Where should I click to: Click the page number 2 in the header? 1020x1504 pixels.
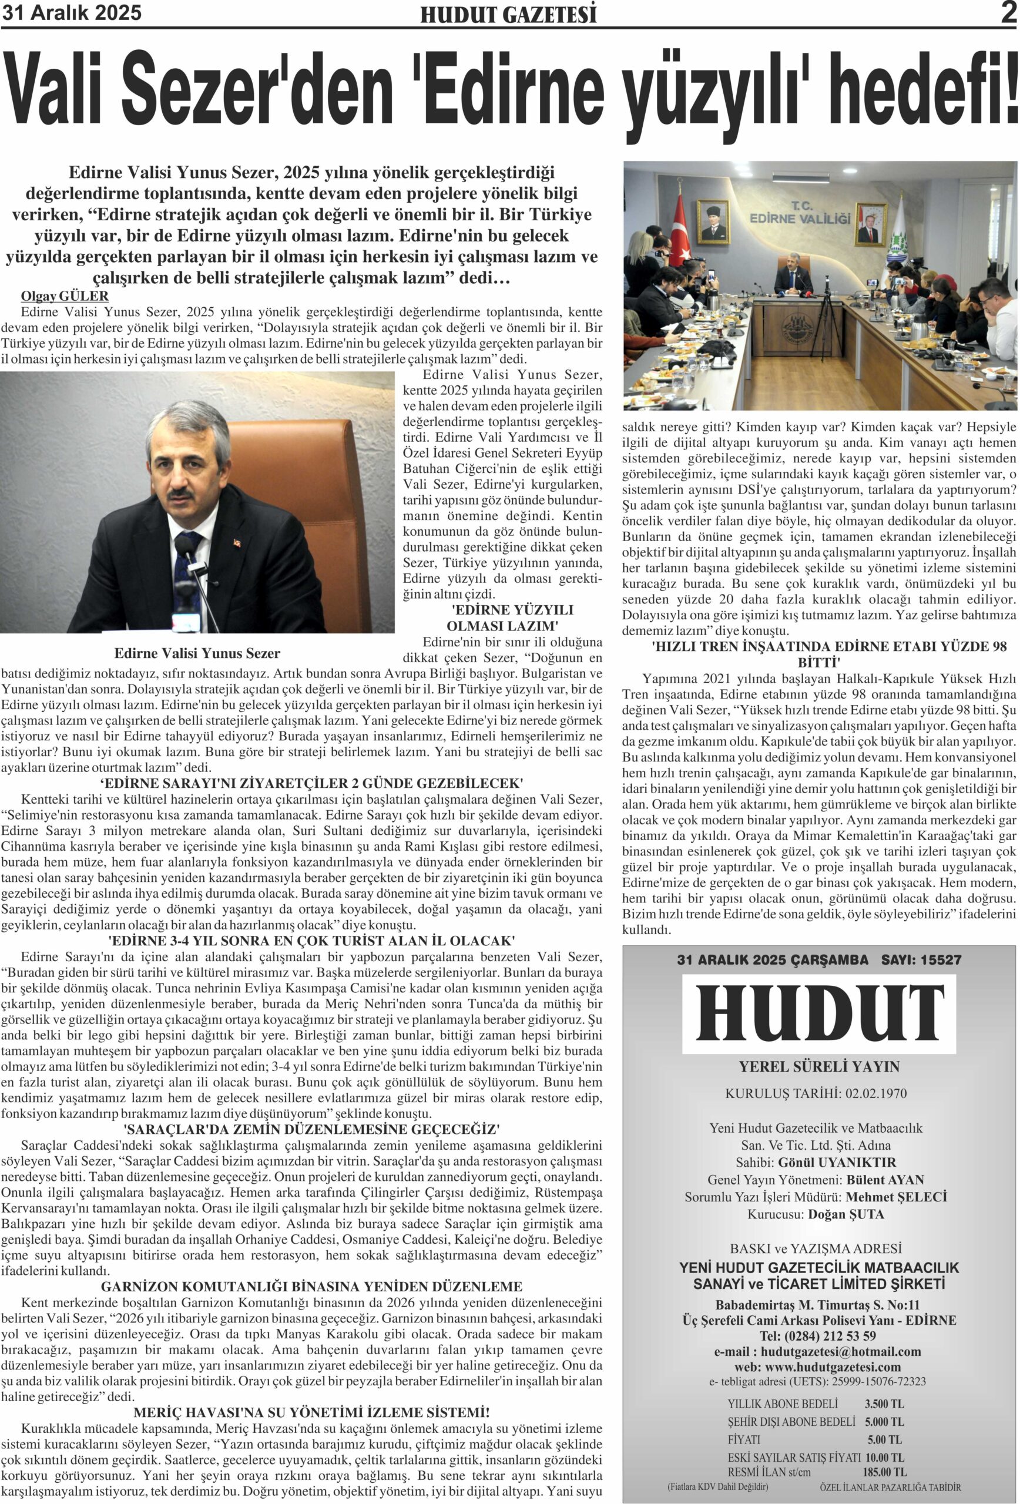click(x=1008, y=13)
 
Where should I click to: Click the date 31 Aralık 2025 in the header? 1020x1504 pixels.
click(x=71, y=13)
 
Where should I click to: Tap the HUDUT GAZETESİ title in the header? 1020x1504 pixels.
click(x=508, y=15)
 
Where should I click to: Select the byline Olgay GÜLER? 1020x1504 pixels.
click(x=65, y=297)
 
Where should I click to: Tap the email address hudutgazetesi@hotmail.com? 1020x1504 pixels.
click(x=841, y=1352)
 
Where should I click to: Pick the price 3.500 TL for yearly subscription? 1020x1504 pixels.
click(x=884, y=1404)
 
